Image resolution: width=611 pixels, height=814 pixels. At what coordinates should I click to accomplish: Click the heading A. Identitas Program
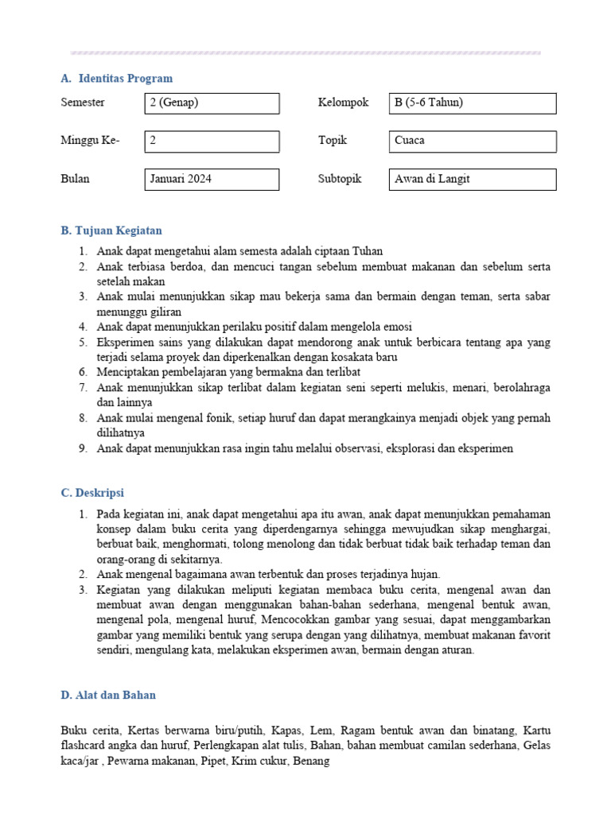[x=116, y=79]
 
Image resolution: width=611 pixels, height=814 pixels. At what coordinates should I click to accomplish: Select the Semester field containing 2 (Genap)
[x=212, y=103]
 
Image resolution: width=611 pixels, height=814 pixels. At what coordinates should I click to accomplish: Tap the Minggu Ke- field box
[x=212, y=141]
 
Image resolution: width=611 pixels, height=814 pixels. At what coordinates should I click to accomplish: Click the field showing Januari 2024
[x=212, y=180]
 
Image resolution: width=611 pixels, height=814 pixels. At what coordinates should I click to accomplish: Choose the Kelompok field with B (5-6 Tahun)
[x=472, y=103]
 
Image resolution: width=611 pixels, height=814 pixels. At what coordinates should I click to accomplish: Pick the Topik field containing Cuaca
[x=472, y=141]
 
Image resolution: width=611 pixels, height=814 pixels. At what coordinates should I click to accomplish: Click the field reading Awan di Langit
[x=472, y=180]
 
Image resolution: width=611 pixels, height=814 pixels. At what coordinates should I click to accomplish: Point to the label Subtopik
[x=340, y=179]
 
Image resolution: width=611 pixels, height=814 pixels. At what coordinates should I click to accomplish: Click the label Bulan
[x=75, y=179]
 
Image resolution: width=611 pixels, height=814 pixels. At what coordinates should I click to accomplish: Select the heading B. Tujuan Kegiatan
[x=111, y=231]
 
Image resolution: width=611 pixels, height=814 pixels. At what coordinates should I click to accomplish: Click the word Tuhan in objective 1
[x=367, y=251]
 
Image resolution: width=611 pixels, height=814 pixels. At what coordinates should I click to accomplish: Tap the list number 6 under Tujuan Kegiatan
[x=83, y=372]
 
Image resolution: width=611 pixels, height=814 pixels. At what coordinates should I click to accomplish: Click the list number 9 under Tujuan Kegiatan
[x=83, y=448]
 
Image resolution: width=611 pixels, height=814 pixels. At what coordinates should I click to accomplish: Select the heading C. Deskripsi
[x=92, y=493]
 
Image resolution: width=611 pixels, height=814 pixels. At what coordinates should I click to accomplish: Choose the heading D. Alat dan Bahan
[x=108, y=695]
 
